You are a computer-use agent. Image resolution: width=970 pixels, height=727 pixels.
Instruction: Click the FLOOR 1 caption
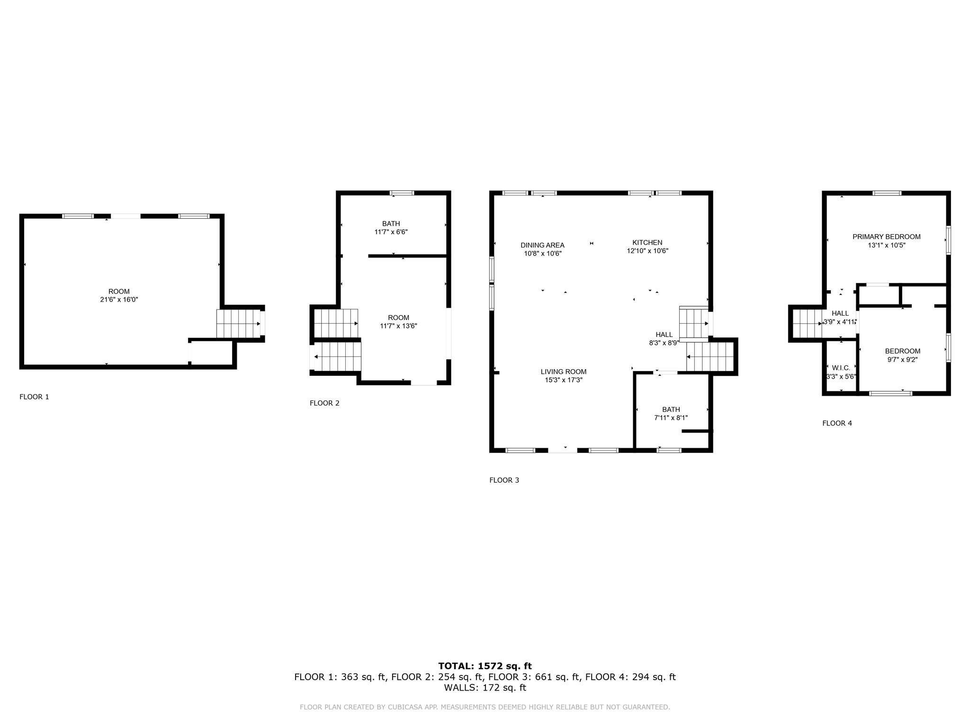pyautogui.click(x=34, y=397)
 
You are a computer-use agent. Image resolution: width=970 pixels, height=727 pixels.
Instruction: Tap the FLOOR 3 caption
pyautogui.click(x=504, y=480)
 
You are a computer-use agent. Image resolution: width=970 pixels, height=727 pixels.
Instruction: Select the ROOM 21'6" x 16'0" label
pyautogui.click(x=119, y=295)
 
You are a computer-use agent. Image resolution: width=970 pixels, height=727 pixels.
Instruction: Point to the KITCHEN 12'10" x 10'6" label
pyautogui.click(x=647, y=247)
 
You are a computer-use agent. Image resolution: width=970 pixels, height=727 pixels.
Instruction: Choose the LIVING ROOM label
pyautogui.click(x=564, y=376)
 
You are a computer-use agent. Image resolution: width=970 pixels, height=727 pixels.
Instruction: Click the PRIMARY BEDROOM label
pyautogui.click(x=886, y=241)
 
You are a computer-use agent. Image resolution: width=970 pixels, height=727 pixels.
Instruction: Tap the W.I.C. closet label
pyautogui.click(x=841, y=372)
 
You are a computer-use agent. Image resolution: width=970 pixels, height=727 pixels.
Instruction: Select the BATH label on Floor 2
pyautogui.click(x=391, y=228)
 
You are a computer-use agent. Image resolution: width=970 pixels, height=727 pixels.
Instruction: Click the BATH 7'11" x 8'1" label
pyautogui.click(x=671, y=414)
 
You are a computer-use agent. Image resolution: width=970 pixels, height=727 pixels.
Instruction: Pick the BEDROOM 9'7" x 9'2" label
pyautogui.click(x=902, y=355)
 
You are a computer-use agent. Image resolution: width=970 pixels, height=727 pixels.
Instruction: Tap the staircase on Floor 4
pyautogui.click(x=807, y=323)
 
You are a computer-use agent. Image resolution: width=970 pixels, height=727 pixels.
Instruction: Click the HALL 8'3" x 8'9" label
pyautogui.click(x=664, y=339)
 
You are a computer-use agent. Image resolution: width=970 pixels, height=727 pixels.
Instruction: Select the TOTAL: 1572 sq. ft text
pyautogui.click(x=485, y=666)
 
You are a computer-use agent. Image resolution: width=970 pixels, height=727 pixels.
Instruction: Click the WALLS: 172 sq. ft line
pyautogui.click(x=485, y=688)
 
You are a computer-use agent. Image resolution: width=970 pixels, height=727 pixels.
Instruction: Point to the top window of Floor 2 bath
pyautogui.click(x=402, y=193)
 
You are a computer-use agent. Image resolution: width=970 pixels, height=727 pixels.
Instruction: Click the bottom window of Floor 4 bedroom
pyautogui.click(x=890, y=393)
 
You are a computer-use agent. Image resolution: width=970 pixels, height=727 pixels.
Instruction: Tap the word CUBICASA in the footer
pyautogui.click(x=406, y=707)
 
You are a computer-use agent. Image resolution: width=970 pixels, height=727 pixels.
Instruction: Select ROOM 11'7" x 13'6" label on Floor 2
pyautogui.click(x=398, y=321)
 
